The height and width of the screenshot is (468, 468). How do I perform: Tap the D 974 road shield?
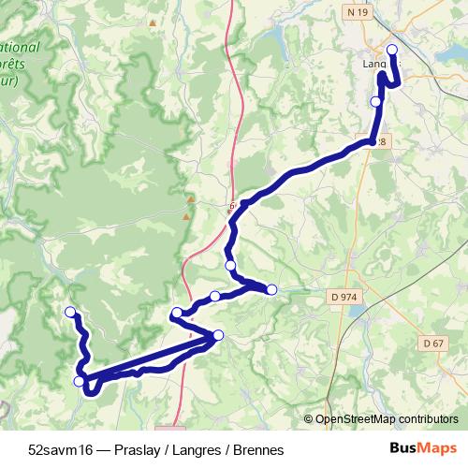coord(344,297)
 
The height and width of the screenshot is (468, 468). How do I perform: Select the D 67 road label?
coord(432,344)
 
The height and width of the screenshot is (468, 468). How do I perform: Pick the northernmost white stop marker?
coord(392,50)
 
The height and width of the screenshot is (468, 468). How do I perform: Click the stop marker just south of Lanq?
coord(376,101)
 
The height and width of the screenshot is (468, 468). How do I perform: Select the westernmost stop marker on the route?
coord(69,312)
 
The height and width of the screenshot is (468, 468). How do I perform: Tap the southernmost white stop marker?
coord(80,381)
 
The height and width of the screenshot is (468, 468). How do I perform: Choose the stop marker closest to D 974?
coord(271,289)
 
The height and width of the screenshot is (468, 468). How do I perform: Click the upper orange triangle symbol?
coord(190,199)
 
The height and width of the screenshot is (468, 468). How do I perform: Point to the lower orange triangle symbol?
coord(185,217)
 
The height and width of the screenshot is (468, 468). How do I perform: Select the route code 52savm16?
coord(59,450)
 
